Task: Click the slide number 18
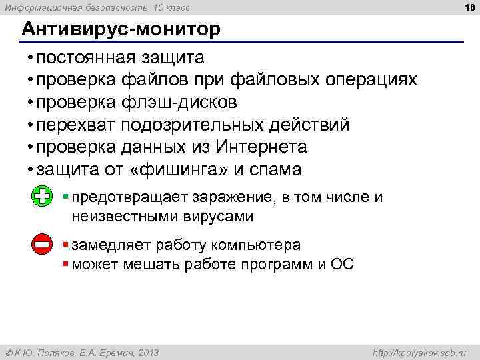coord(469,7)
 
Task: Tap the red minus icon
coord(42,245)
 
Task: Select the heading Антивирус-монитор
coord(119,30)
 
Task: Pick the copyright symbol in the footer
coord(9,352)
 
